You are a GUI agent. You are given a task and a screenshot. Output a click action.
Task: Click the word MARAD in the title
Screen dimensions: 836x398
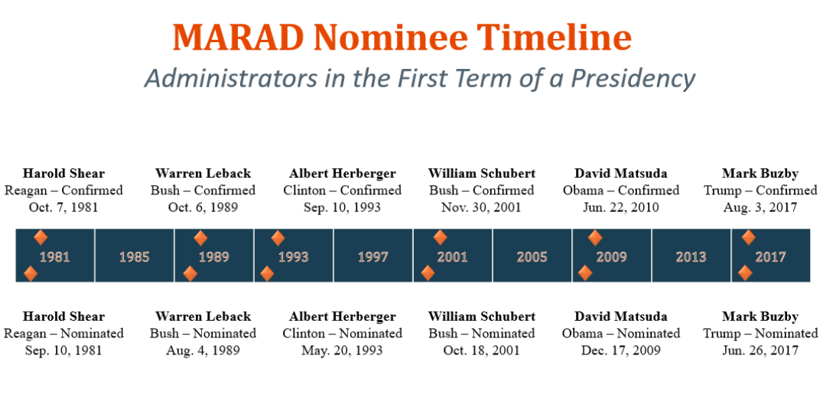(x=239, y=38)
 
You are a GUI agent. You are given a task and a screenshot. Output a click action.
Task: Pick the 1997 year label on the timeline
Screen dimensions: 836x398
(x=372, y=256)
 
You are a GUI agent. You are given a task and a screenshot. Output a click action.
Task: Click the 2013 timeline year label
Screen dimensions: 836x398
(x=691, y=256)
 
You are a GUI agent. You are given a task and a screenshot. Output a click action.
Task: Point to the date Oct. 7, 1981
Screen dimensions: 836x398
(x=63, y=207)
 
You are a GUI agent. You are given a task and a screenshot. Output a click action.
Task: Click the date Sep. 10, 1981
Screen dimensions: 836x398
(x=63, y=351)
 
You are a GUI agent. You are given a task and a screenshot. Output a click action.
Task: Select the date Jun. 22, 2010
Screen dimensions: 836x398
(x=621, y=207)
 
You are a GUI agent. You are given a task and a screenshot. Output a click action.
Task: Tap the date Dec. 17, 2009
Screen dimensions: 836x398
(x=621, y=351)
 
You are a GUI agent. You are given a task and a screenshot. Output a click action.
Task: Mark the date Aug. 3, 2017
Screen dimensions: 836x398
(x=760, y=207)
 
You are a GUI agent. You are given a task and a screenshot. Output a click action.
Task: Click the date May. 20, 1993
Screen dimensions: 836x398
(x=343, y=351)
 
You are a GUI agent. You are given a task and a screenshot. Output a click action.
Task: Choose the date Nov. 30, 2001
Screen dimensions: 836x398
(x=481, y=207)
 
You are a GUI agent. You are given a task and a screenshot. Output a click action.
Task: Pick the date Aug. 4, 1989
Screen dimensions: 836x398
(x=203, y=351)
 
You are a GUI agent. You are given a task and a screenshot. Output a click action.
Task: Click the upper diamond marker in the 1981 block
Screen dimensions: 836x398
(x=41, y=237)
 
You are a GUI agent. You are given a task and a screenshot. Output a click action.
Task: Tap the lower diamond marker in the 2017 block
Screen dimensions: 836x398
(x=745, y=273)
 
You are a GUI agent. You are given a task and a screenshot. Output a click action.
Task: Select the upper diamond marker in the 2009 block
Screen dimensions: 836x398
(x=595, y=237)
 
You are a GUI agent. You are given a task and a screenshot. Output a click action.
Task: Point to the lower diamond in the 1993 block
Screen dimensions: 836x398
(x=267, y=274)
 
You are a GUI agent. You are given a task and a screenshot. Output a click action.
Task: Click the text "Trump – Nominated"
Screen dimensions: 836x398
(x=760, y=334)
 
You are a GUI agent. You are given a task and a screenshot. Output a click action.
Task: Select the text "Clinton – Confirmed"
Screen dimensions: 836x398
(x=343, y=191)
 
